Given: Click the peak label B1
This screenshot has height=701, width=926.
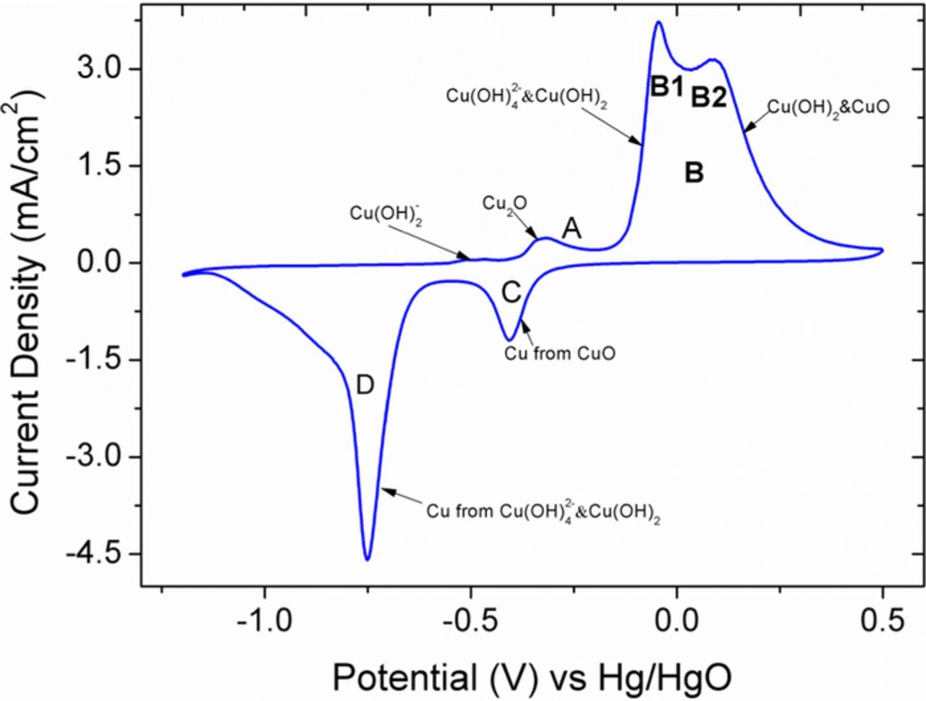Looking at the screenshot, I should coord(666,87).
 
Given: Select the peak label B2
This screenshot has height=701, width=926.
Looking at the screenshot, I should coord(708,97).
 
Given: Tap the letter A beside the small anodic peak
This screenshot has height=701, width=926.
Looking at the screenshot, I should coord(572,229).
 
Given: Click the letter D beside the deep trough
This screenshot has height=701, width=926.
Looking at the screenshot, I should coord(365,386).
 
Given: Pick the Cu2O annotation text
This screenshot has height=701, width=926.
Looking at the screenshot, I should coord(504,204).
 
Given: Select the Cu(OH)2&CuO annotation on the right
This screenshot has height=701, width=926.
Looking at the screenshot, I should coord(827,107).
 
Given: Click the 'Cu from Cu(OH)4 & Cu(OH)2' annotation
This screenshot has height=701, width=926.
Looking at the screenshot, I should coord(543,511).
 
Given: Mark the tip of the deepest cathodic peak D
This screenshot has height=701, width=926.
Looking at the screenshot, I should coord(368,559).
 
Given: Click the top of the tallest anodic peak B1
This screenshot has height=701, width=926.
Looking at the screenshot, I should coord(658,22).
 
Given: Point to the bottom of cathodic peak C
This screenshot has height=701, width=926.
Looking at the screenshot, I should coord(509,340).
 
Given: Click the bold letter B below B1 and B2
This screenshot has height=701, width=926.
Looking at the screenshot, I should coord(694,173).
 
